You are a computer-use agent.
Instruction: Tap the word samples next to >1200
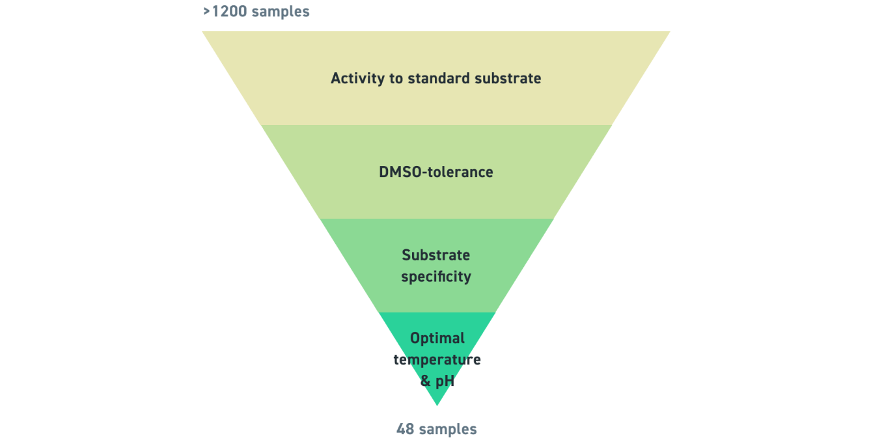pyautogui.click(x=281, y=12)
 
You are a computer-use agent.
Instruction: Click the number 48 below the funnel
pyautogui.click(x=405, y=430)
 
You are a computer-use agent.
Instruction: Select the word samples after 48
pyautogui.click(x=448, y=430)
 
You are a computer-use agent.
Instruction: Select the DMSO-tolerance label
pyautogui.click(x=435, y=172)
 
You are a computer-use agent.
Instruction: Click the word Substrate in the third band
pyautogui.click(x=435, y=255)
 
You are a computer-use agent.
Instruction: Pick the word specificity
pyautogui.click(x=435, y=277)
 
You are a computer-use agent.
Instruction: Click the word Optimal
pyautogui.click(x=437, y=338)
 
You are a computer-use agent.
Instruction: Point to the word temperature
pyautogui.click(x=437, y=360)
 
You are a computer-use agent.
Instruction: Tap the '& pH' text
pyautogui.click(x=437, y=381)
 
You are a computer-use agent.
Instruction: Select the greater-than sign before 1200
pyautogui.click(x=206, y=12)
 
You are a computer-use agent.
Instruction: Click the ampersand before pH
pyautogui.click(x=426, y=381)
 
